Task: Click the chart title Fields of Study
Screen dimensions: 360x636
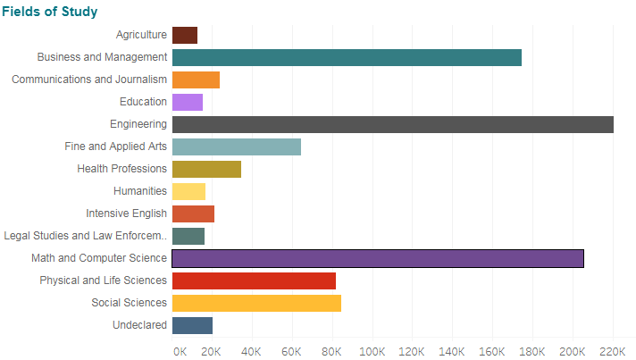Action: click(x=50, y=12)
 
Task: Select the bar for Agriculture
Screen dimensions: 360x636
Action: click(x=185, y=35)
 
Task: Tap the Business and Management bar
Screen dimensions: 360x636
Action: click(x=347, y=57)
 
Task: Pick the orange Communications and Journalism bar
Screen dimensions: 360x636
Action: click(x=196, y=80)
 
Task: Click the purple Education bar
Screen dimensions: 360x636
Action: click(x=188, y=102)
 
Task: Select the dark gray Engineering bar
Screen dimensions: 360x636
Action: click(x=393, y=124)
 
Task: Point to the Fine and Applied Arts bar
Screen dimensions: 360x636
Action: click(x=237, y=147)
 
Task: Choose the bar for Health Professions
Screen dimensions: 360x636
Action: click(x=206, y=169)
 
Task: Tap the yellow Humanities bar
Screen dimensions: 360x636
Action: click(x=188, y=191)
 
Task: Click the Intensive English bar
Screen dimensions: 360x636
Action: click(x=193, y=213)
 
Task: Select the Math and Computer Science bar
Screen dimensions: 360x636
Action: click(x=378, y=258)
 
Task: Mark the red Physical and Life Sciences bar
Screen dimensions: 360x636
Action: click(x=254, y=280)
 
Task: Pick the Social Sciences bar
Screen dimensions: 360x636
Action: click(x=256, y=303)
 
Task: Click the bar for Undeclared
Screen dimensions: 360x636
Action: click(x=192, y=325)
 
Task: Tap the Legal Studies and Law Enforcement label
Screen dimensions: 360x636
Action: click(x=86, y=236)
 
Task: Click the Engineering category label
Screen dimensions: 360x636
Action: click(x=138, y=124)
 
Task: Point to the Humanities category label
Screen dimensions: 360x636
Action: click(x=140, y=191)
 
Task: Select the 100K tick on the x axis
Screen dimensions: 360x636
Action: click(x=372, y=349)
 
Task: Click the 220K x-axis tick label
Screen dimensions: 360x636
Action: click(x=613, y=349)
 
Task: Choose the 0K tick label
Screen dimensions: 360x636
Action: click(x=180, y=349)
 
